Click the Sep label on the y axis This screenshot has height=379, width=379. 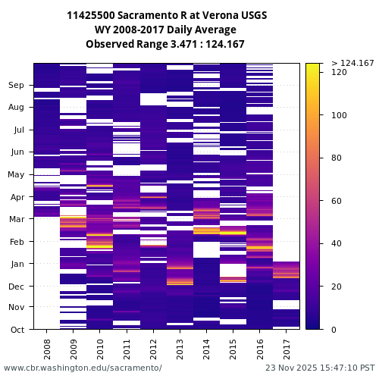17,86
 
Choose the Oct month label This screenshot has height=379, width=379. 17,330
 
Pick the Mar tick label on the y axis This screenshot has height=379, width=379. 17,220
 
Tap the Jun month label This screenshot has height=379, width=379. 17,152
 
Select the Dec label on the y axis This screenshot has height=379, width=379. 17,287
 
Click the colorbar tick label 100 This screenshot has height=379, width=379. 339,115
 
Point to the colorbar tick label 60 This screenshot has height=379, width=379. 337,201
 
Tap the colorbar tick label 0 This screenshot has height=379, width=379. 334,330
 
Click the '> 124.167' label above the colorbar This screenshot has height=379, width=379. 352,63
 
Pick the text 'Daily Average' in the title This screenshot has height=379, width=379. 200,30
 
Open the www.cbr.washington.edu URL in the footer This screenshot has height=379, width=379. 83,368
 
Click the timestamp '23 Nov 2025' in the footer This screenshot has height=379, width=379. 293,368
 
